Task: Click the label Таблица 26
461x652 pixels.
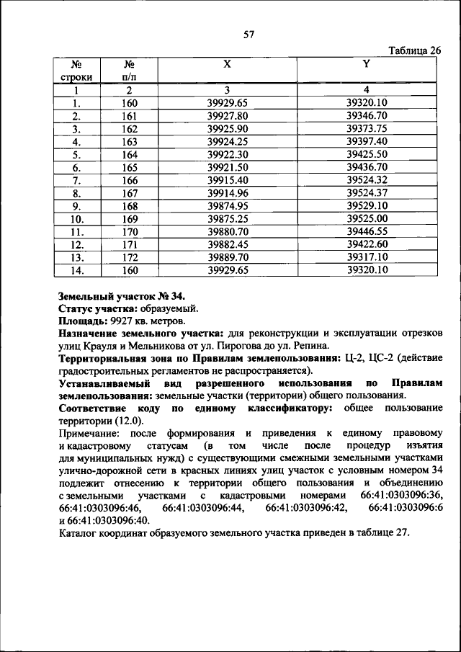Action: [x=414, y=50]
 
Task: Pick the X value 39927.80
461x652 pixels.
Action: [x=227, y=115]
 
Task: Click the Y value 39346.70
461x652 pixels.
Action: [x=367, y=115]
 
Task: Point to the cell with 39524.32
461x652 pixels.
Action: [x=367, y=180]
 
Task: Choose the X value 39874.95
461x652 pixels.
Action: [x=227, y=206]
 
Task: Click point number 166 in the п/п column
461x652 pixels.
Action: [x=129, y=180]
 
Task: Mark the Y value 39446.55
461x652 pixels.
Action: [x=367, y=232]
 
